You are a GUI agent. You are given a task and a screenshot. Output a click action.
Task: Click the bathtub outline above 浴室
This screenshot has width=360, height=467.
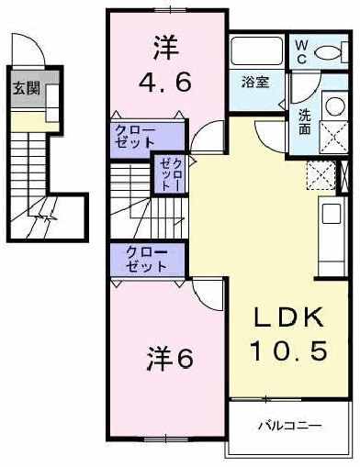pos(257,51)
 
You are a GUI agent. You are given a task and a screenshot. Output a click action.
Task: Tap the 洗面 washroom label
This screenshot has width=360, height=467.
pos(304,122)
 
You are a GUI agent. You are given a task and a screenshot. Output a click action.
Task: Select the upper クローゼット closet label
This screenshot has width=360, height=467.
pos(135,137)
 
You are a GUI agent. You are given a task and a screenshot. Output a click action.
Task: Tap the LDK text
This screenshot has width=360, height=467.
pos(289,318)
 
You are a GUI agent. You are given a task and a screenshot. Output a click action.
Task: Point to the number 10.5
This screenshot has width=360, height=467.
pos(289,350)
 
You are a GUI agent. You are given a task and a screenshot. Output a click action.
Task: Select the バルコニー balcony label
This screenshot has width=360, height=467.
pos(288,427)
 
